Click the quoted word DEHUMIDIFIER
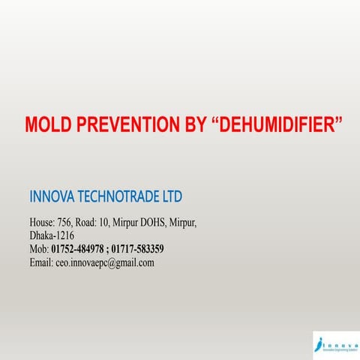point(279,124)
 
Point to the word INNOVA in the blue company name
point(53,197)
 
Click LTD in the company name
point(171,197)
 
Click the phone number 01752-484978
point(77,249)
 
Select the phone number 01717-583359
point(139,249)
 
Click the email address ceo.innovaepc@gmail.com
point(105,262)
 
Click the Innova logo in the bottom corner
point(335,343)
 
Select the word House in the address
point(42,223)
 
